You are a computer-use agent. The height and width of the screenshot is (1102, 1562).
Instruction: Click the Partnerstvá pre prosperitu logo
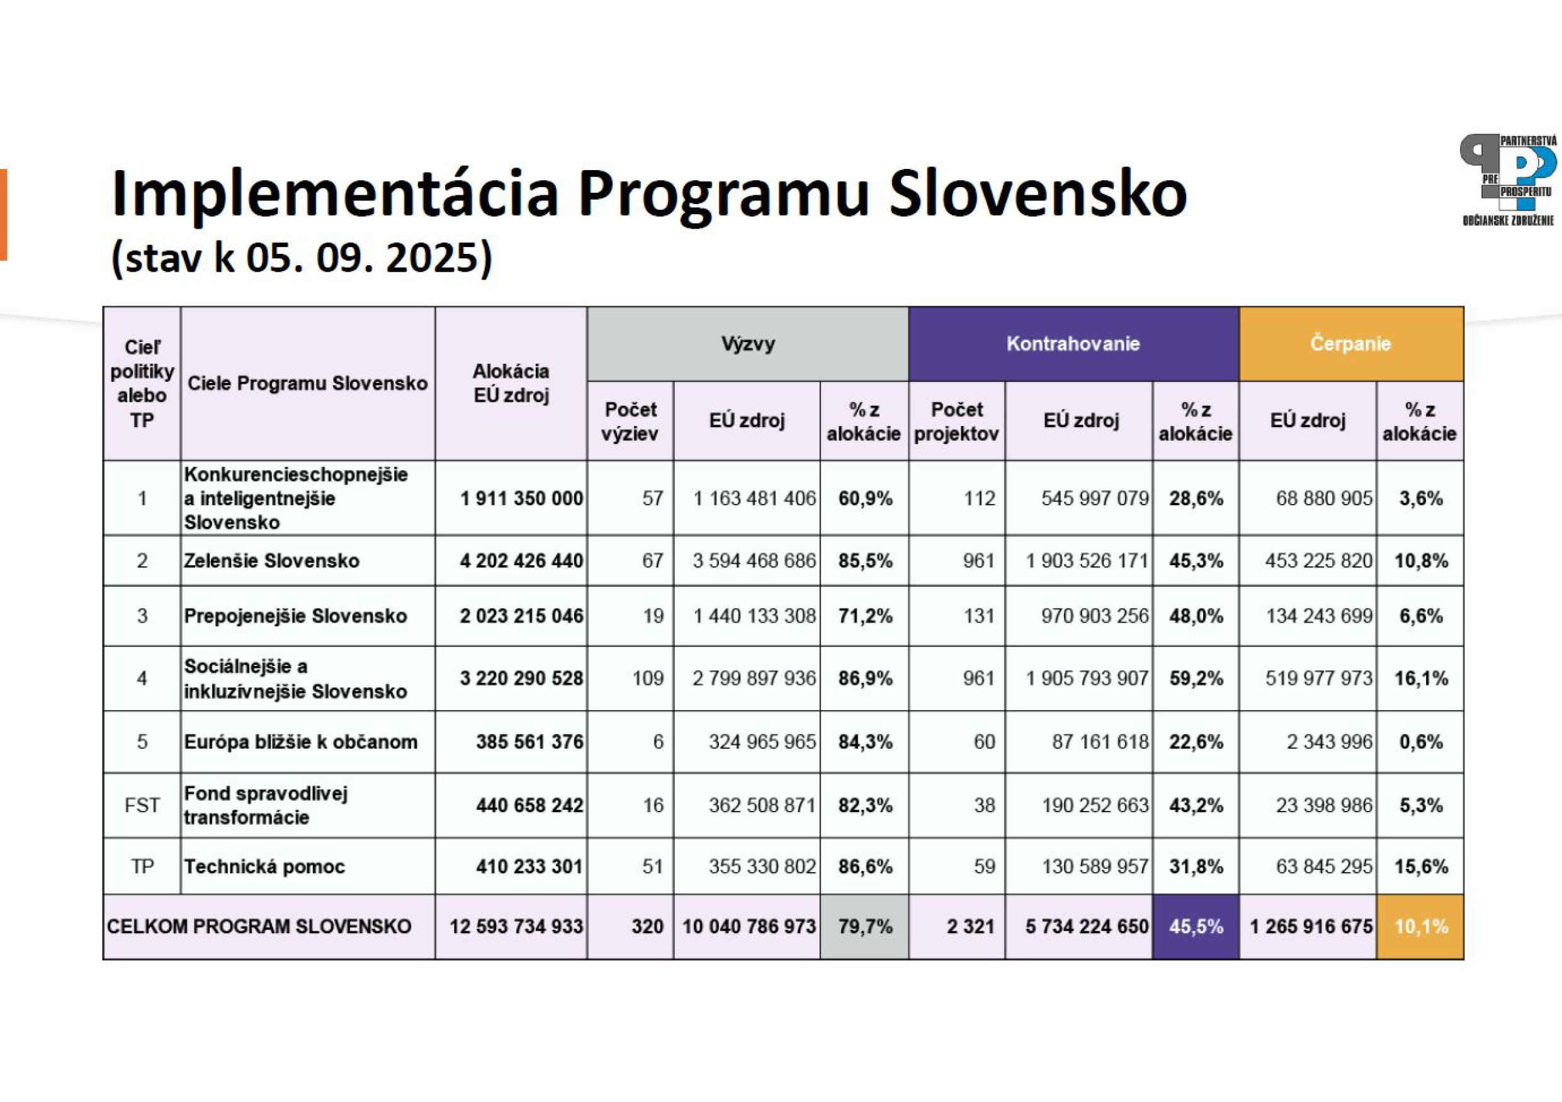tap(1508, 180)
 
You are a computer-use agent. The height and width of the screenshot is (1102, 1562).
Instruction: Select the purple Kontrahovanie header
tap(1073, 344)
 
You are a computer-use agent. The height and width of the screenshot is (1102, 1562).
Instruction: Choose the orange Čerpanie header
tap(1350, 344)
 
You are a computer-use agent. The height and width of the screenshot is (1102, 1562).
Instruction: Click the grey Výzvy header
tap(748, 344)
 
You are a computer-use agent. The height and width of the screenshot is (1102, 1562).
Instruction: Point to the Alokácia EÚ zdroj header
tap(511, 383)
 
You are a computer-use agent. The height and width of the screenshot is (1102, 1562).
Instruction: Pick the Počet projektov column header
tap(956, 421)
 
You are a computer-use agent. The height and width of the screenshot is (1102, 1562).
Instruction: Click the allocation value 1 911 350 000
tap(521, 498)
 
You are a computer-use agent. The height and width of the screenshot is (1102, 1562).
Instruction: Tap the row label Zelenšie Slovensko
tap(271, 561)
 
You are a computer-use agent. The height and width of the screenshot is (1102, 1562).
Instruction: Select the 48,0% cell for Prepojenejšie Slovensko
tap(1196, 616)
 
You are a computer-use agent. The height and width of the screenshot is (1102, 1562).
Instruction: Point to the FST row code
tap(142, 805)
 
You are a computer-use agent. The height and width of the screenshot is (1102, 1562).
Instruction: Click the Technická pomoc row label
tap(264, 866)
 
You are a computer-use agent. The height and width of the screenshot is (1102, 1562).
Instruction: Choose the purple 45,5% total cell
tap(1196, 926)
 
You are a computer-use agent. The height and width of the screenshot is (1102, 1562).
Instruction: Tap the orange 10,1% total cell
tap(1420, 926)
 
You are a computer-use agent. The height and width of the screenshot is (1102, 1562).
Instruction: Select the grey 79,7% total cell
tap(864, 926)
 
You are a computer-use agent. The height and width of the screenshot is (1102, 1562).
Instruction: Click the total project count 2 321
tap(970, 926)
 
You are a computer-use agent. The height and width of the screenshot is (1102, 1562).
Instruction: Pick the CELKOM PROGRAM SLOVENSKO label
tap(259, 926)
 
